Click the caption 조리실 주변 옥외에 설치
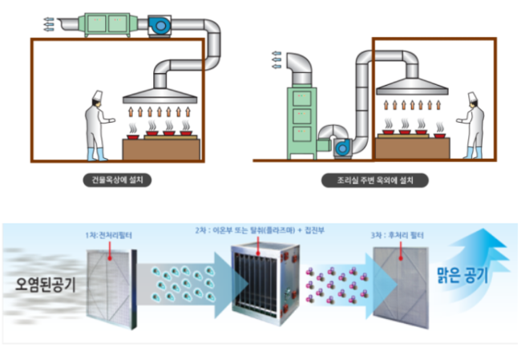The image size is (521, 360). pos(374,181)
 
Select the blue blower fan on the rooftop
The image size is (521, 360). pos(159,26)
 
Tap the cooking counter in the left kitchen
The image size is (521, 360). pos(160,148)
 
